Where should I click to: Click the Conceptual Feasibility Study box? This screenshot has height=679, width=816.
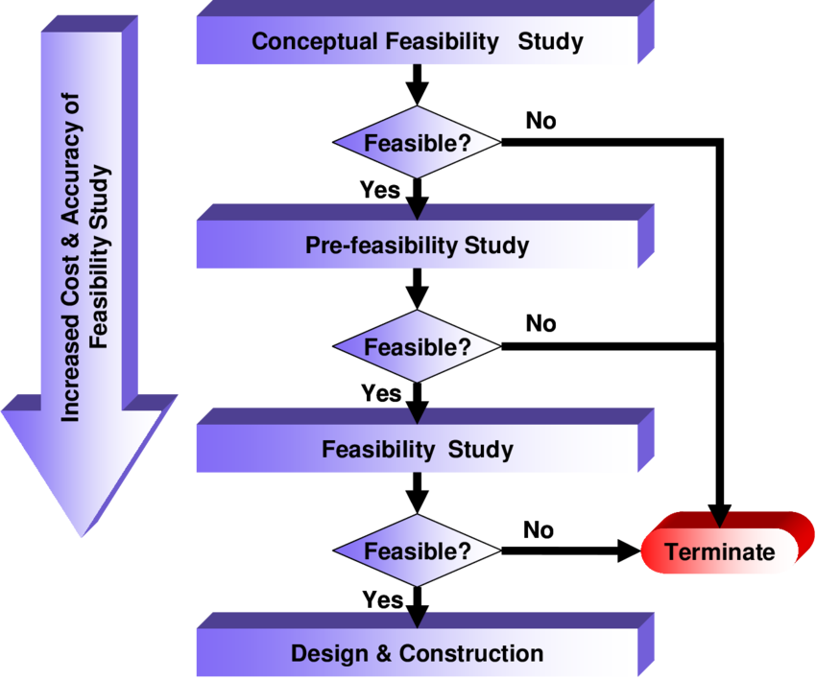424,34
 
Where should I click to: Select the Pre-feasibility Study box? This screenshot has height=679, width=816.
424,237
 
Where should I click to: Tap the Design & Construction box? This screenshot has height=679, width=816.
424,645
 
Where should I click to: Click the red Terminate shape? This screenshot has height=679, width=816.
727,544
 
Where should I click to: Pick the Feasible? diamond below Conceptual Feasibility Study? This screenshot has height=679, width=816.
417,143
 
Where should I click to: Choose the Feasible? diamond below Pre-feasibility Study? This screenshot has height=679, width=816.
417,347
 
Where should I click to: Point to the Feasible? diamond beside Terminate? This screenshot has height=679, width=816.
417,550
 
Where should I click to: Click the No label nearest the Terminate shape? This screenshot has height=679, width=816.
539,530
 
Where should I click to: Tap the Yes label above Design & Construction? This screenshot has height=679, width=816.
382,599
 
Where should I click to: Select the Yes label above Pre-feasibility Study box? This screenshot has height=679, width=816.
380,190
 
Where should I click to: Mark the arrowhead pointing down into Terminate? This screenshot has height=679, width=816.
720,516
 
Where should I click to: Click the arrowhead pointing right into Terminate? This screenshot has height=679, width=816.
629,550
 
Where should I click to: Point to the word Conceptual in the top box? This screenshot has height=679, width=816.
314,42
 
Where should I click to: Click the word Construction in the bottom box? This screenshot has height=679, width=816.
471,653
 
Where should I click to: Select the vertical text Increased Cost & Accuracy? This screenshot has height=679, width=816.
71,257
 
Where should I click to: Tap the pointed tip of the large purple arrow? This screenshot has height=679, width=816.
82,536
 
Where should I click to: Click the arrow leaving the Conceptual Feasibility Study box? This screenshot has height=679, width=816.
417,84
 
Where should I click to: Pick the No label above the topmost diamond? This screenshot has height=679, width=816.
541,121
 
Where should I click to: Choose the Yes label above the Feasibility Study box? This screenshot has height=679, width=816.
381,393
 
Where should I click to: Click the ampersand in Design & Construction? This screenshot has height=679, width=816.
384,653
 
